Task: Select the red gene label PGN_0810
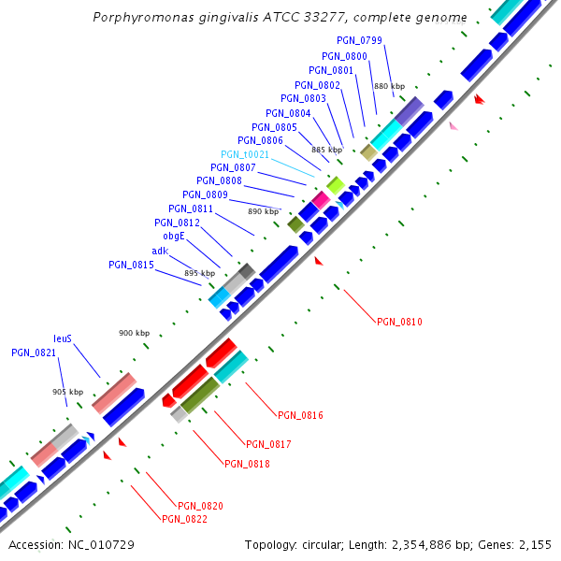[399, 322]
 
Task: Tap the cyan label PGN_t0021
[245, 154]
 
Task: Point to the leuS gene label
[63, 338]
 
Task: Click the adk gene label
[160, 251]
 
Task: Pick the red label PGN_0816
[300, 414]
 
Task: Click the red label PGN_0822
[184, 519]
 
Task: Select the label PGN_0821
[34, 352]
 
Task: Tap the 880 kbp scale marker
[388, 85]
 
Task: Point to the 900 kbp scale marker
[134, 333]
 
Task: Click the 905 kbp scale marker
[67, 392]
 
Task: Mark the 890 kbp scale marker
[263, 211]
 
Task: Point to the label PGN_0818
[247, 463]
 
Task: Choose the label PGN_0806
[260, 140]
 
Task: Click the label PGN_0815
[131, 265]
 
